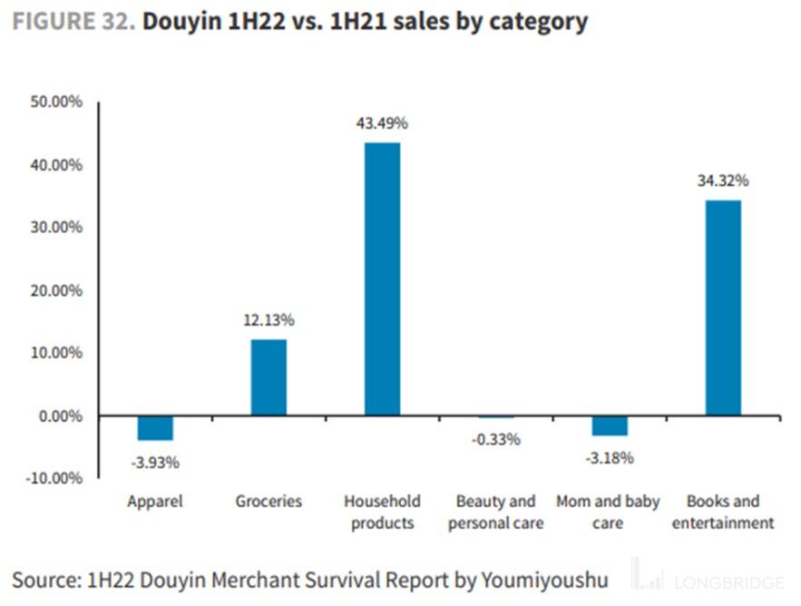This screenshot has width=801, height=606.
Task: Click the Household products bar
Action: point(382,279)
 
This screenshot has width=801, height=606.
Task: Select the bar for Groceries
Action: point(269,377)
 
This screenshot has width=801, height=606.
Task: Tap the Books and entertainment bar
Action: point(723,308)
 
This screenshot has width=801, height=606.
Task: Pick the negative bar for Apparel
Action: point(155,427)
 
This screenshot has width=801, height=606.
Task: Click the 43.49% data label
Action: point(382,123)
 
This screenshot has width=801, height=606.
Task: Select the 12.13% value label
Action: point(269,320)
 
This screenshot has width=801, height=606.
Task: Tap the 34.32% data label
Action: point(723,181)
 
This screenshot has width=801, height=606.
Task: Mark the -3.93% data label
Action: point(155,463)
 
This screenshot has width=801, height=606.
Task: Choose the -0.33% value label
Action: point(496,440)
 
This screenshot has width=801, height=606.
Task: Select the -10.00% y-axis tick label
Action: point(54,478)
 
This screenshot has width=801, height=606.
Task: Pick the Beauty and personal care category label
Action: point(496,513)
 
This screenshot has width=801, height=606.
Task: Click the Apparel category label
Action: point(155,502)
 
